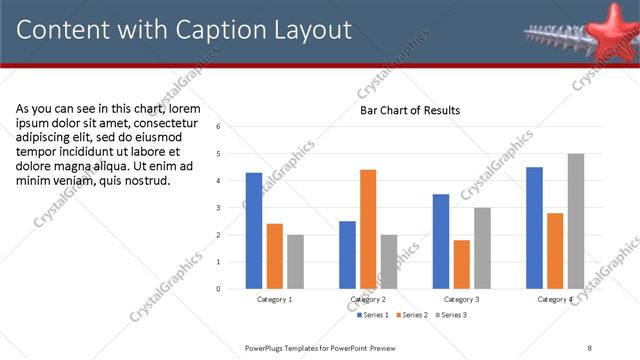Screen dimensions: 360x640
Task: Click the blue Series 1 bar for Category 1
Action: coord(254,230)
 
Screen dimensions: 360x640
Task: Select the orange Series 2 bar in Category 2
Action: coord(368,229)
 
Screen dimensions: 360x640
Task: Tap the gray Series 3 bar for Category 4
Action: coord(575,221)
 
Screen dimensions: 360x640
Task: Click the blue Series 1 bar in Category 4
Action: coord(534,227)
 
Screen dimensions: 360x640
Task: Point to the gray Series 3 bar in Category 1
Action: coord(295,261)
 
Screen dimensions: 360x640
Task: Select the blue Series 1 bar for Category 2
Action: coord(347,254)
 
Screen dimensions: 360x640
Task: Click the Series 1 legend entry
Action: coord(374,315)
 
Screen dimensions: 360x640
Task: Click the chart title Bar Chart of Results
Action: coord(410,110)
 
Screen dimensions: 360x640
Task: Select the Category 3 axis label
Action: coord(461,299)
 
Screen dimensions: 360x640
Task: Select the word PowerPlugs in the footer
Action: coord(267,347)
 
